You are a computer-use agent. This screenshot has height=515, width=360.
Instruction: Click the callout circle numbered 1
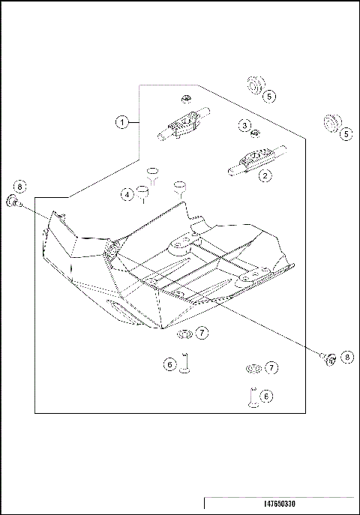(120, 121)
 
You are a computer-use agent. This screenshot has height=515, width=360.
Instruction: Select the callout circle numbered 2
(264, 177)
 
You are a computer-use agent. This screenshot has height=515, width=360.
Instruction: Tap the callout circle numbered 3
(245, 124)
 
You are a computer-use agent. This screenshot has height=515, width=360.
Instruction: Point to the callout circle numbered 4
(127, 194)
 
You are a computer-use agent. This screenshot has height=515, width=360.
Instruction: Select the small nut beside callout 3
(256, 133)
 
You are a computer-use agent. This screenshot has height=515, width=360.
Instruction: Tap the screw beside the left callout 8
(14, 201)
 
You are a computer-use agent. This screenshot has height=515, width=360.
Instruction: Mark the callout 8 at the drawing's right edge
(346, 357)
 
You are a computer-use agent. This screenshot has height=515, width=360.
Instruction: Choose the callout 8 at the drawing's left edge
(19, 186)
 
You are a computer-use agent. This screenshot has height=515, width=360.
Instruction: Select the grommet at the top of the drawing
(254, 84)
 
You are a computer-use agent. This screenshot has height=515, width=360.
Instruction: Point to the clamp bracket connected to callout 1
(180, 126)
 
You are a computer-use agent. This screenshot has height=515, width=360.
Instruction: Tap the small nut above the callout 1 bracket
(184, 97)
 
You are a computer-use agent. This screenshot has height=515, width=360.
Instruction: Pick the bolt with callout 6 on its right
(252, 397)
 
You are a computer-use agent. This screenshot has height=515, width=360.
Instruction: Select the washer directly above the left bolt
(184, 331)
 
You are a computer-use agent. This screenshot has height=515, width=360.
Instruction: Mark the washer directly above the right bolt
(253, 368)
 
